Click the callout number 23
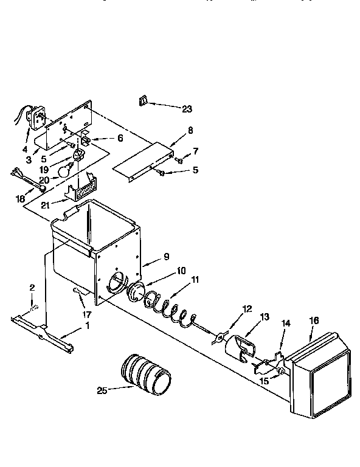click(x=187, y=109)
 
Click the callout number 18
click(x=21, y=198)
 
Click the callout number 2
click(x=32, y=287)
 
